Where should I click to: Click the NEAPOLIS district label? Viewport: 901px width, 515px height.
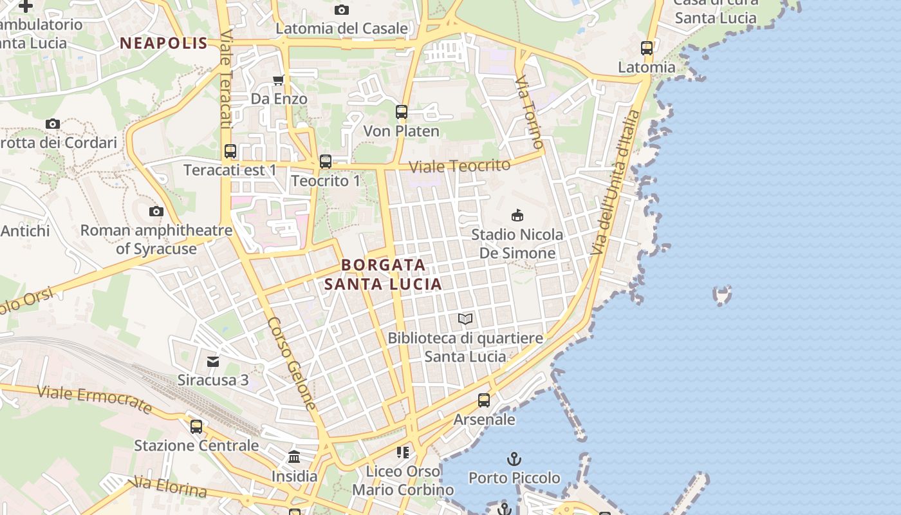point(163,43)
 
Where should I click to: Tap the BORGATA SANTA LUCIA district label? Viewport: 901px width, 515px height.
point(383,274)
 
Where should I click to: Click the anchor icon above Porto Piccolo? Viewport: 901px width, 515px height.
point(514,459)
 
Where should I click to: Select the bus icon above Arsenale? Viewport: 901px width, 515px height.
point(484,400)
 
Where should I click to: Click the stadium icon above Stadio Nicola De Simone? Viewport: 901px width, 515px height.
point(517,215)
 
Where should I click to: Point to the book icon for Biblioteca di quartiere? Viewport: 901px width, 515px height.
point(465,319)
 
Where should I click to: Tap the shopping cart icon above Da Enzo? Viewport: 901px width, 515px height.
point(279,80)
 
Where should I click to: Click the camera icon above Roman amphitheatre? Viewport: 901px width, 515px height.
point(156,211)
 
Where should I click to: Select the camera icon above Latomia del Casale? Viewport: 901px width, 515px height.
point(342,10)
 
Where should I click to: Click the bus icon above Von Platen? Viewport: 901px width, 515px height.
point(402,112)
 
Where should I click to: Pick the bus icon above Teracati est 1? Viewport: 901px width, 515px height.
point(230,151)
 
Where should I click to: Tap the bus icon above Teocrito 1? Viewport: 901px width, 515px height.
point(326,162)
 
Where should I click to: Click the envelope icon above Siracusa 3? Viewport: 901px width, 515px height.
point(213,361)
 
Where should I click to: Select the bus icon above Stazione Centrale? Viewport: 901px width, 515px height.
point(196,426)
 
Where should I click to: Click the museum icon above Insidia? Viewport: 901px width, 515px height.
point(294,457)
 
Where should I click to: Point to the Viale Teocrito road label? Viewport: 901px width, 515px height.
point(460,165)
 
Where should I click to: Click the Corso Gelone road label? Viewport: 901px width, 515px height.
point(293,364)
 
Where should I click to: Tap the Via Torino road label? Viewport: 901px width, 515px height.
point(529,112)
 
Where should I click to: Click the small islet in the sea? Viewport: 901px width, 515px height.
point(723,295)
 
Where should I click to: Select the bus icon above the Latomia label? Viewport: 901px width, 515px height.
point(647,48)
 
